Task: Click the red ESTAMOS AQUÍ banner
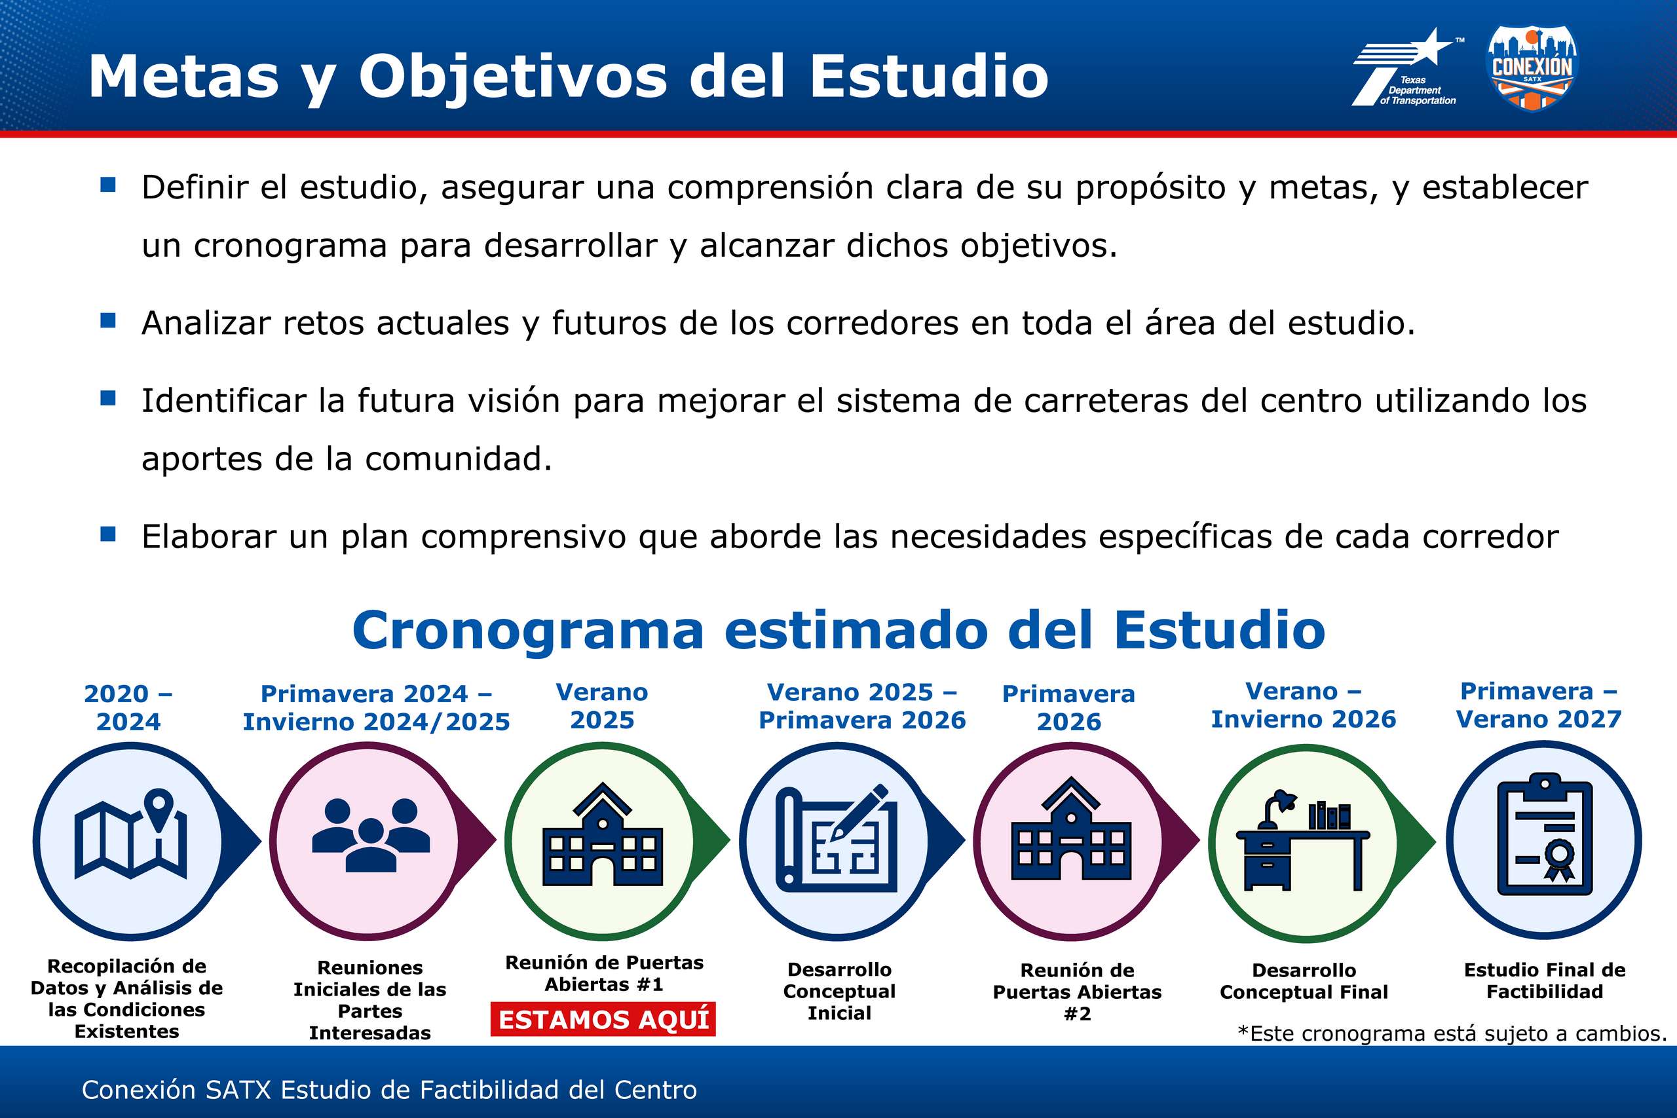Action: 603,1020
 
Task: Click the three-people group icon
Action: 371,835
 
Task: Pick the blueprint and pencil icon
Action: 837,838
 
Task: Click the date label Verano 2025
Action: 603,706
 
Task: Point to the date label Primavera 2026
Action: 1069,707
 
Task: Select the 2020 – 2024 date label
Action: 128,707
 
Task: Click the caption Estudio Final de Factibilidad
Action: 1545,980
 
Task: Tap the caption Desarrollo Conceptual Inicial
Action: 839,991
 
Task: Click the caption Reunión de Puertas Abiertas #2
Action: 1078,992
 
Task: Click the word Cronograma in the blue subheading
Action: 529,631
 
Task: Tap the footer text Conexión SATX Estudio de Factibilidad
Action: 389,1089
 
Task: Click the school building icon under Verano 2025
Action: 603,834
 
